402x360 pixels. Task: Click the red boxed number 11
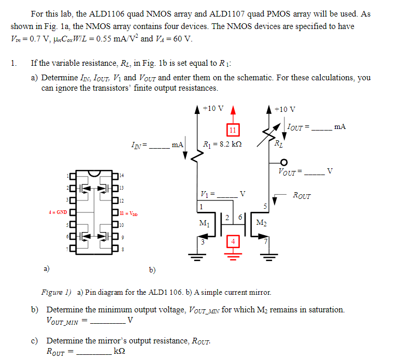pyautogui.click(x=233, y=129)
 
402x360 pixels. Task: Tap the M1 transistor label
pyautogui.click(x=205, y=223)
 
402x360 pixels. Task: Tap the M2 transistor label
pyautogui.click(x=262, y=223)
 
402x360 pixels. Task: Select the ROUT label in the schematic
pyautogui.click(x=302, y=195)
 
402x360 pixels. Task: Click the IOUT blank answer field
pyautogui.click(x=321, y=127)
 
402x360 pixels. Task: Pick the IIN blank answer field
pyautogui.click(x=160, y=146)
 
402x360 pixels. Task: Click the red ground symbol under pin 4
pyautogui.click(x=233, y=255)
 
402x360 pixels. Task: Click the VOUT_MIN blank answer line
pyautogui.click(x=109, y=321)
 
